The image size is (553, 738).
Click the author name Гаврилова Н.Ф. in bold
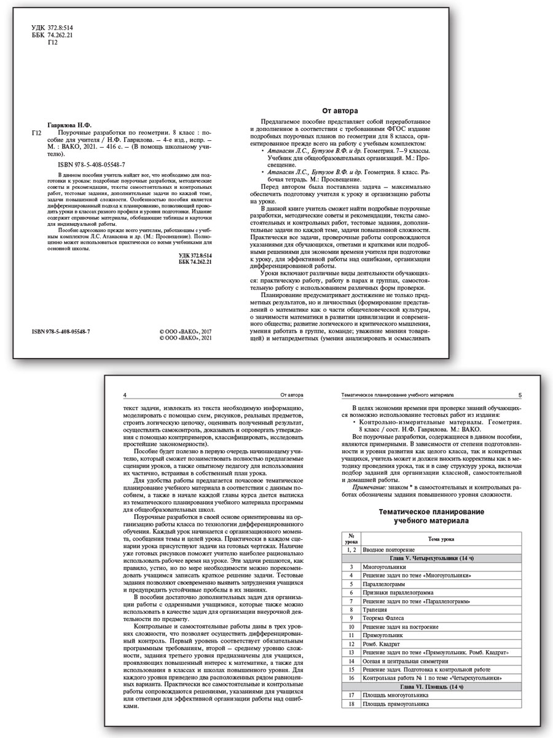click(70, 124)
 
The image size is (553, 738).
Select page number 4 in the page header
click(125, 395)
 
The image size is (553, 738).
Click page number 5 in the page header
click(520, 395)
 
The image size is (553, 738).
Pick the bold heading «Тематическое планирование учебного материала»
click(431, 516)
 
